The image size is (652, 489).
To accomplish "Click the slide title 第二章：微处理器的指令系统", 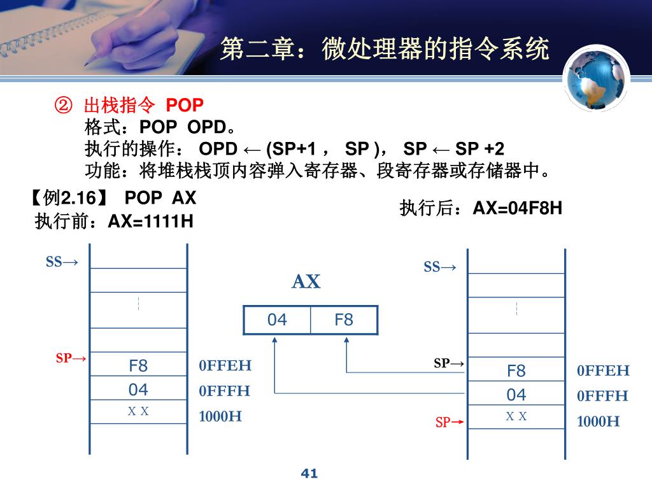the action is coord(384,49).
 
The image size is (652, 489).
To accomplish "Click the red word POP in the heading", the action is coord(185,104).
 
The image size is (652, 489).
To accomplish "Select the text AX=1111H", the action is coord(150,221).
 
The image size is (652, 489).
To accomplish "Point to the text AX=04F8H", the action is coord(518,208).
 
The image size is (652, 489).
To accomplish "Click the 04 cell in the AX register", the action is coord(277,320).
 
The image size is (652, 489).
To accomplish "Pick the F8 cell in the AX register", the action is coord(344,320).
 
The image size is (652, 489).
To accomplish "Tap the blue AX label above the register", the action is coord(306,282).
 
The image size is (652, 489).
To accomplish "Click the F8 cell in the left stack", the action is coord(138,365).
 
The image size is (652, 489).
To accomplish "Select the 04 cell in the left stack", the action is coord(138,389).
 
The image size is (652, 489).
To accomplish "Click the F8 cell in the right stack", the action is coord(516,371).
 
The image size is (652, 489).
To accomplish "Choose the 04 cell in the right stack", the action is coord(516,395).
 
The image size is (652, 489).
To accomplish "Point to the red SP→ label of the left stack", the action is coord(71,358).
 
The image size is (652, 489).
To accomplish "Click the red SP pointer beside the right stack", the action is coord(450,422).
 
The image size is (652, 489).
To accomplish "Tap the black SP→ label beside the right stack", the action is coord(449,364).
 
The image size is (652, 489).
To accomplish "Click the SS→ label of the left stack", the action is coord(62,262).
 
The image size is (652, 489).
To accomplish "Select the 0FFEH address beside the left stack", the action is coord(225,365).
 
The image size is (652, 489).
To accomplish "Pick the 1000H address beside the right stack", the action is coord(599,422).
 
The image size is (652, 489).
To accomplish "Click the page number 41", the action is coord(308,473).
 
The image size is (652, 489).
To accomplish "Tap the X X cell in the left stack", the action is coord(138,411).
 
